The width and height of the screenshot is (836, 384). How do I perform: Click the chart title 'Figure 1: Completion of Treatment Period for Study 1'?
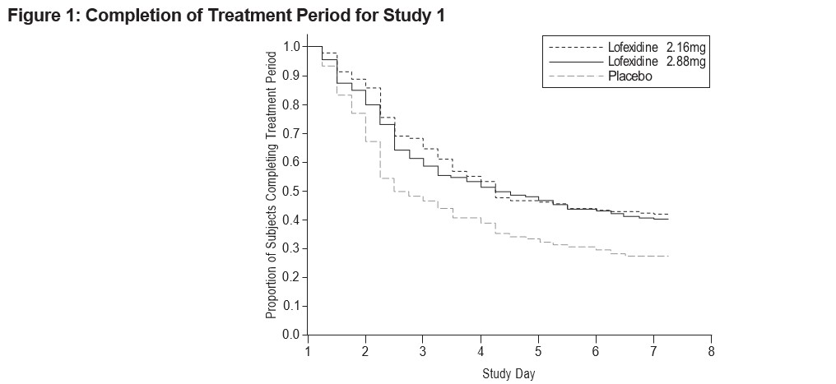(x=226, y=16)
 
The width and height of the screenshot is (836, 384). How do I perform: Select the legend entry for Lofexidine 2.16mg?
(x=627, y=48)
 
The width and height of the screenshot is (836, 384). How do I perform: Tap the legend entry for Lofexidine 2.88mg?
(x=627, y=62)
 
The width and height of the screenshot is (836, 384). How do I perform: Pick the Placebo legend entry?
(x=601, y=76)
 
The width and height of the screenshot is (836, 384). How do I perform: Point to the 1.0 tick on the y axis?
(x=291, y=47)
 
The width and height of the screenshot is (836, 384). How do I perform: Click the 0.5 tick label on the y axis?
(x=291, y=192)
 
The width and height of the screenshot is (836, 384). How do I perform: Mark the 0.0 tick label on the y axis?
(x=291, y=335)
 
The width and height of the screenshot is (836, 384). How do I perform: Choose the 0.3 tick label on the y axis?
(x=291, y=248)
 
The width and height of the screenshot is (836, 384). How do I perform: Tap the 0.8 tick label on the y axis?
(x=291, y=105)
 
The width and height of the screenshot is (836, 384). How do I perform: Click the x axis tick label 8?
(x=711, y=351)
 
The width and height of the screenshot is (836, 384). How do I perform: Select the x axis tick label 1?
(x=309, y=351)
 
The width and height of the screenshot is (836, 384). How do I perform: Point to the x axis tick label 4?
(x=481, y=351)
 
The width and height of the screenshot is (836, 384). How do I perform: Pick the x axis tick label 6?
(x=596, y=351)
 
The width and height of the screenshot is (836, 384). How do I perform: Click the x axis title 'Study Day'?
(x=509, y=373)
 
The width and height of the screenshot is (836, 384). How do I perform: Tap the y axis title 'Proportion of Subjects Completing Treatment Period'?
(x=272, y=185)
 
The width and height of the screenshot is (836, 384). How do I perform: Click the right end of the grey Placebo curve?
(x=668, y=257)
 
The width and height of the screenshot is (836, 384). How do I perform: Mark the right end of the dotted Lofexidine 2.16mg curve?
(x=668, y=214)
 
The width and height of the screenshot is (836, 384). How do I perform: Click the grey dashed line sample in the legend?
(x=576, y=76)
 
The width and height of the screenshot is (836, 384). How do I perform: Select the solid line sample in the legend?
(x=576, y=62)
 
